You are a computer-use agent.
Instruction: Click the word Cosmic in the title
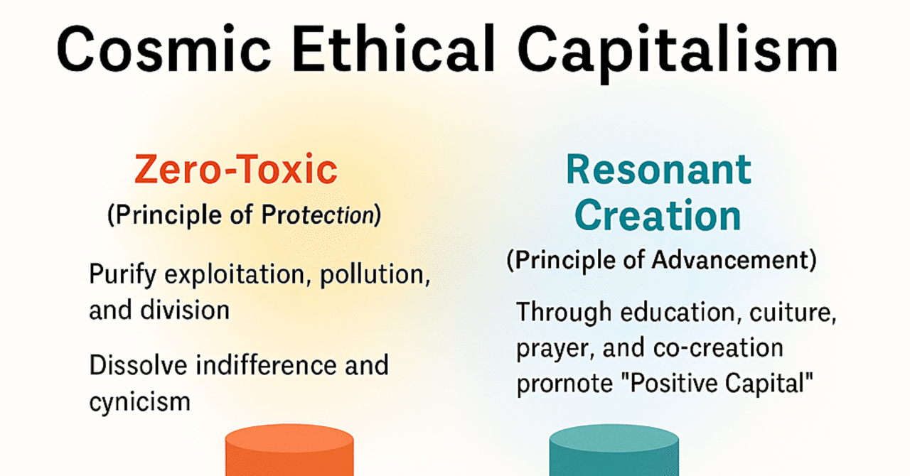coord(164,49)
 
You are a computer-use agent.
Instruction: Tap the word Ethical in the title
coord(393,49)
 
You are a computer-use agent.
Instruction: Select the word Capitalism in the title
coord(678,53)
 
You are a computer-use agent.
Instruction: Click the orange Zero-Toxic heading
coord(236,169)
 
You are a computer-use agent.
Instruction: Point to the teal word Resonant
coord(658,169)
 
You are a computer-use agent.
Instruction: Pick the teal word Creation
coord(658,215)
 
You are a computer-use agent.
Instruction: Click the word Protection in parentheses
coord(317,215)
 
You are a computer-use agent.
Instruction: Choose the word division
coord(185,310)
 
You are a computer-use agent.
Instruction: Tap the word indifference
coord(267,364)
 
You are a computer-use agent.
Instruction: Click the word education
coord(678,312)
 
